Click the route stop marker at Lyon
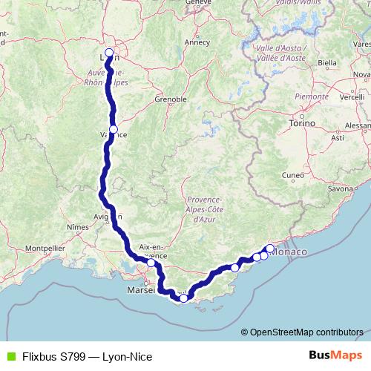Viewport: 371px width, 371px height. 109,53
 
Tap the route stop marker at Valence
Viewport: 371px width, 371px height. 114,129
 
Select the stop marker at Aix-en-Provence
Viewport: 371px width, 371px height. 151,263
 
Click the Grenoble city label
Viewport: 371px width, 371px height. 169,99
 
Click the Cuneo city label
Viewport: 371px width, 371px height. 293,176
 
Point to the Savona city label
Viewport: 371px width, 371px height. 341,189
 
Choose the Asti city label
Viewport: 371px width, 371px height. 338,138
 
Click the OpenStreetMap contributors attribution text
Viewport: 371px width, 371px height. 306,332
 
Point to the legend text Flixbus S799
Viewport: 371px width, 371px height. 53,357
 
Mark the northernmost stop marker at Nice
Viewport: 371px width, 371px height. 270,249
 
